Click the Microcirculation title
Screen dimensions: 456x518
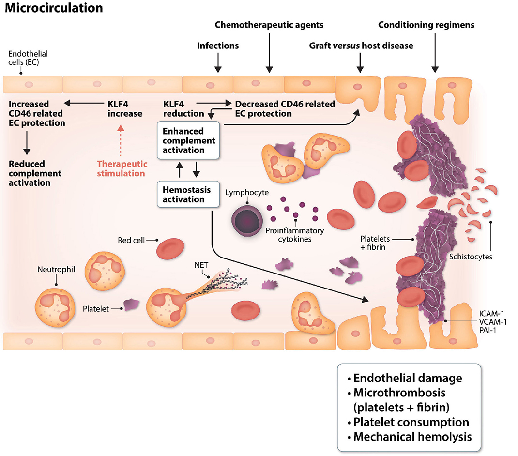54,8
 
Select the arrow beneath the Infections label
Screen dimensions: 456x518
217,61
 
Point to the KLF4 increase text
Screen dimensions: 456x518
125,108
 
